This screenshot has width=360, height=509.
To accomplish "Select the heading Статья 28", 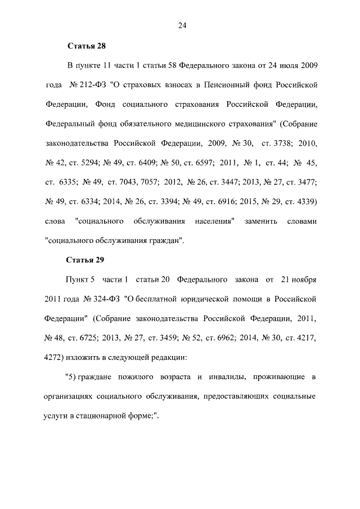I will [x=86, y=46].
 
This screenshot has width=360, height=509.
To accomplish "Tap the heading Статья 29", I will [x=86, y=260].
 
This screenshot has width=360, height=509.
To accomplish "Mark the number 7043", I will [x=141, y=182].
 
